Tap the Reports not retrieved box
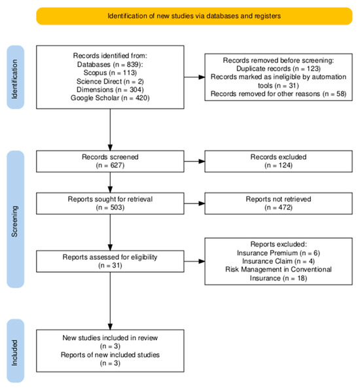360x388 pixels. click(x=283, y=203)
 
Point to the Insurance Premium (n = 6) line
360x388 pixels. click(x=283, y=252)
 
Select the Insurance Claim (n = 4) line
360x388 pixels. click(x=283, y=260)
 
